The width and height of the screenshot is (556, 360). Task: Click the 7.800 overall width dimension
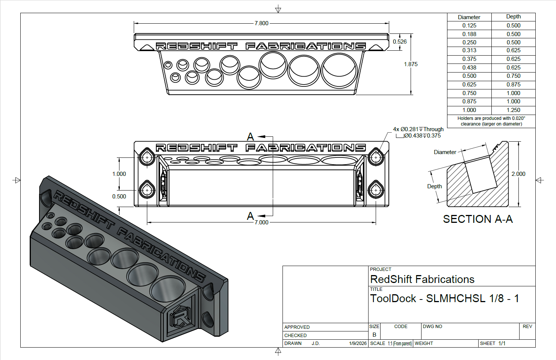(261, 23)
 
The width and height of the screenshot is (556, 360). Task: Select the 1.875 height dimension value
(411, 64)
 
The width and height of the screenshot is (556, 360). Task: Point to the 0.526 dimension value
(400, 42)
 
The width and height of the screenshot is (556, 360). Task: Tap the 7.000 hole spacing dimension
(261, 222)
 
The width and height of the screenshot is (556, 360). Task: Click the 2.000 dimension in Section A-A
(518, 174)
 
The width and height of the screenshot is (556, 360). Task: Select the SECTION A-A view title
(478, 219)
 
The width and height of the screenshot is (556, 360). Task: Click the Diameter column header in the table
(469, 17)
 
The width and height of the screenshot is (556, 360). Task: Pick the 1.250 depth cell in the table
(513, 110)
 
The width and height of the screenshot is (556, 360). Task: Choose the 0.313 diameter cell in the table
(469, 50)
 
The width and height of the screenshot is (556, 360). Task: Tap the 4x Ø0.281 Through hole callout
(418, 129)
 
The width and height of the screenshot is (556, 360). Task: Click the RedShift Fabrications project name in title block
(422, 279)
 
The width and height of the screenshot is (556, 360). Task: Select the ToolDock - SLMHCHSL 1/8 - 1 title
(444, 298)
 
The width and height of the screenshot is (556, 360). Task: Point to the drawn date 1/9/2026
(358, 343)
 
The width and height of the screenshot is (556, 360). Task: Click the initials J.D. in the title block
(316, 343)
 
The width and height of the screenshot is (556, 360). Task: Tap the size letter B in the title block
(374, 334)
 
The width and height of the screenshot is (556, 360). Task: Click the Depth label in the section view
(434, 186)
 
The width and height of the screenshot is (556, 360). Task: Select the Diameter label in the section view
(445, 152)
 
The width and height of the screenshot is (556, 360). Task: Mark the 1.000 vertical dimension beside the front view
(119, 174)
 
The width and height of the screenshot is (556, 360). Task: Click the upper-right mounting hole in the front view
(376, 157)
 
